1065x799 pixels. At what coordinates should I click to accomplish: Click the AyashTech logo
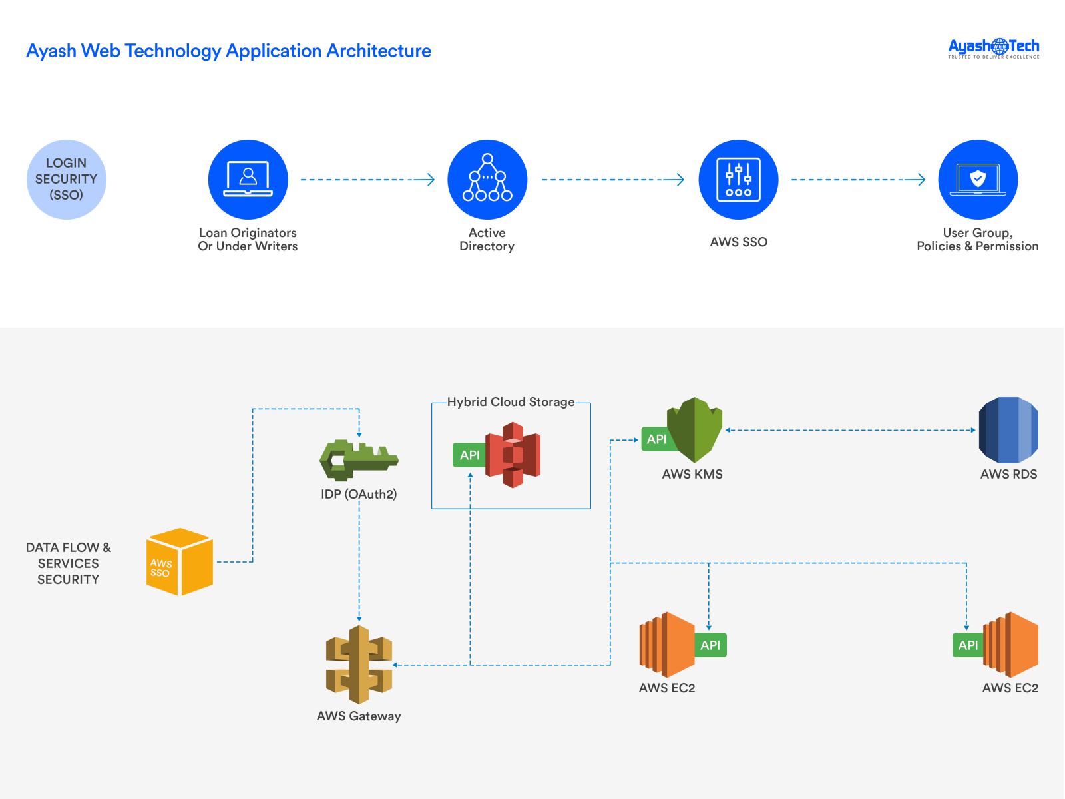coord(993,48)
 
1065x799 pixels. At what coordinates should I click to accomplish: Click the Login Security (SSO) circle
coord(67,180)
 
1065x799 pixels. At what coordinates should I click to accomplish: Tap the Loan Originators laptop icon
coord(248,180)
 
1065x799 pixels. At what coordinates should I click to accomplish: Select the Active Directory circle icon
coord(487,180)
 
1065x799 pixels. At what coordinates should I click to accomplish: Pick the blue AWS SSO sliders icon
coord(738,180)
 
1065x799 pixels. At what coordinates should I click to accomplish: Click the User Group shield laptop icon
coord(978,180)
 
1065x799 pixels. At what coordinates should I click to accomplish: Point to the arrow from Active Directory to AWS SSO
coord(612,180)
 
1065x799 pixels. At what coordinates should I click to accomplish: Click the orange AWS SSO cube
coord(180,562)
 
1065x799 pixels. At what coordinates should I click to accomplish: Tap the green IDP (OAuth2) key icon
coord(358,459)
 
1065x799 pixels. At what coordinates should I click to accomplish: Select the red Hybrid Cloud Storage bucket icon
coord(513,455)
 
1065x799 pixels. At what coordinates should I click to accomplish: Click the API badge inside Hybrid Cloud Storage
coord(469,455)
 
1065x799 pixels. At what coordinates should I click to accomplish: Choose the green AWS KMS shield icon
coord(695,430)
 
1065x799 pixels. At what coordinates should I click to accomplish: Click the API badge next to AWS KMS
coord(656,439)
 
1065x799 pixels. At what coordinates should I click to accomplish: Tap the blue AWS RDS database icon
coord(1008,430)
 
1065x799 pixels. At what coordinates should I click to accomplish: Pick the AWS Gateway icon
coord(359,665)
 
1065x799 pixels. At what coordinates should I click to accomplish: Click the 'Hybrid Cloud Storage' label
coord(511,402)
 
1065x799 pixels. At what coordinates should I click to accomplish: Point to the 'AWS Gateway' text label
coord(359,716)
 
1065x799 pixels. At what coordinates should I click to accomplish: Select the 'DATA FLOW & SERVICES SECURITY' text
coord(68,563)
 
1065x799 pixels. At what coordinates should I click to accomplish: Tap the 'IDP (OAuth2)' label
coord(359,494)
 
